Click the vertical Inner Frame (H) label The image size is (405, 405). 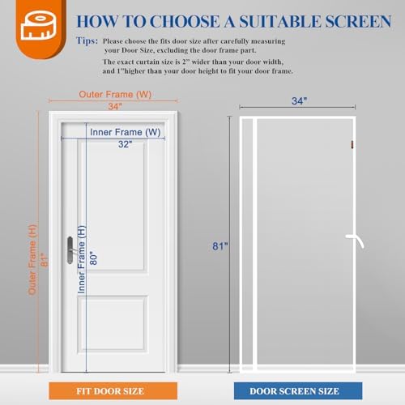pos(81,258)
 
